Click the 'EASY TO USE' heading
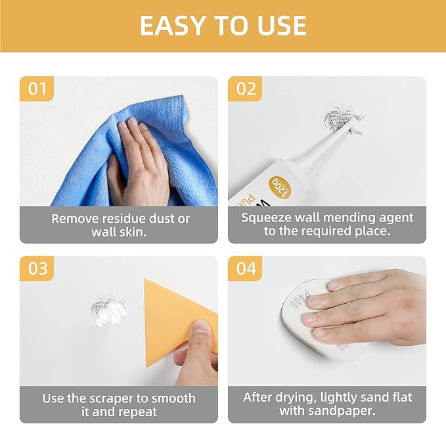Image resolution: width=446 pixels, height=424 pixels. tap(223, 25)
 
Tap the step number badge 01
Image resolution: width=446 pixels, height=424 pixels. tap(37, 89)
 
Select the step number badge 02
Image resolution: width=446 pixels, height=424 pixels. tap(245, 89)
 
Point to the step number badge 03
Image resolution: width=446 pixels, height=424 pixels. tap(37, 269)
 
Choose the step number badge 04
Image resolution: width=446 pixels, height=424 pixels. tap(245, 269)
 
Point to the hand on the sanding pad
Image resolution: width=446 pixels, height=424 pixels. tap(368, 306)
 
